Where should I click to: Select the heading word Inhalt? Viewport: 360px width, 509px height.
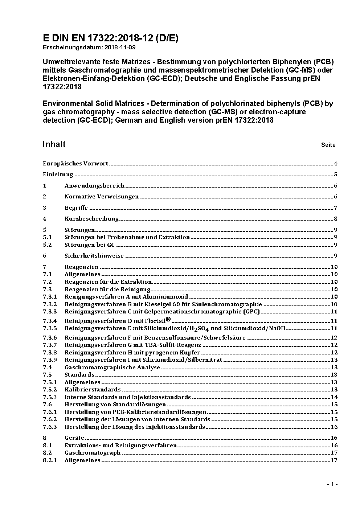click(x=54, y=144)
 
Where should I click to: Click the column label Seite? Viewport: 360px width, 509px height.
click(x=328, y=145)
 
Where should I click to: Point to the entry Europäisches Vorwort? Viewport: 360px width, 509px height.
click(x=75, y=163)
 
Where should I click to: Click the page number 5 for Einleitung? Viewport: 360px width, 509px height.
click(x=336, y=175)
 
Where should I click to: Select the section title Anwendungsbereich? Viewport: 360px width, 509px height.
click(x=94, y=186)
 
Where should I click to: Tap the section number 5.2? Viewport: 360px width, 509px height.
click(x=47, y=245)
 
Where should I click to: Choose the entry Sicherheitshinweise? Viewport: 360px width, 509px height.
click(x=94, y=256)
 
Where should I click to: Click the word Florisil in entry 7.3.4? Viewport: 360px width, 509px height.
click(x=155, y=321)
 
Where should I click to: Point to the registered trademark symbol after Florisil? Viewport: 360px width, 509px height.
click(x=168, y=319)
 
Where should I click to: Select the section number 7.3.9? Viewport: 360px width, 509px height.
click(x=50, y=360)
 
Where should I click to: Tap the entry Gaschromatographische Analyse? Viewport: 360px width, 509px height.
click(x=112, y=368)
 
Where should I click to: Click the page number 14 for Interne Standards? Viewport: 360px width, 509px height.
click(x=334, y=397)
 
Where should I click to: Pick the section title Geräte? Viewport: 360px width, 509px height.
click(x=74, y=438)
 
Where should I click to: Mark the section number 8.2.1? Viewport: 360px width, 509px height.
click(x=50, y=460)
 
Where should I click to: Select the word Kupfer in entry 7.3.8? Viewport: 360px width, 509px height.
click(x=190, y=353)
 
